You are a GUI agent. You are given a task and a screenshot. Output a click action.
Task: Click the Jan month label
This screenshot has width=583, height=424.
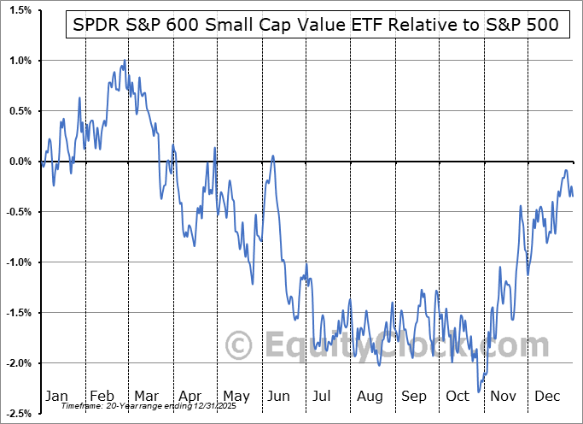[56, 397]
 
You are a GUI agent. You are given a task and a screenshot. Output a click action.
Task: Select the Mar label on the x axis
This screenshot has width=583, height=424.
[145, 397]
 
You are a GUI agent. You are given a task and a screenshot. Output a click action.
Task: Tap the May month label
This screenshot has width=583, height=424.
[236, 397]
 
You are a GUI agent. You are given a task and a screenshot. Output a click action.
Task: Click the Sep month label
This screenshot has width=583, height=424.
[414, 397]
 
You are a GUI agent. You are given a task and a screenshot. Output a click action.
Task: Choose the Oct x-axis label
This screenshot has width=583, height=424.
[458, 397]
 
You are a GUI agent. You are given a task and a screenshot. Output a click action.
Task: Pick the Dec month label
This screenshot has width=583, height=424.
[547, 397]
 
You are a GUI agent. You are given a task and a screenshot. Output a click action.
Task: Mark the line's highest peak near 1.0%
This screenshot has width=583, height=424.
[125, 61]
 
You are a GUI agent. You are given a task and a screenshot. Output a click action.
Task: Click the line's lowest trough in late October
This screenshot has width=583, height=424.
[479, 392]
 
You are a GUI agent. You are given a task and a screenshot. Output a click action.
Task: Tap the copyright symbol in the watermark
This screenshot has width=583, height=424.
[240, 345]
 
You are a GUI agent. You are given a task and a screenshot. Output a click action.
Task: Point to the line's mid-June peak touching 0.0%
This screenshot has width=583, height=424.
[273, 156]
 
